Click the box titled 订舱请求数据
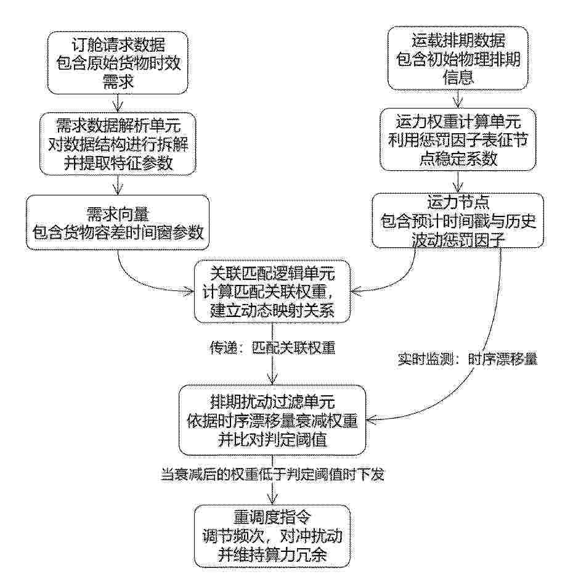(x=118, y=63)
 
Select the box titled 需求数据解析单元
(x=118, y=144)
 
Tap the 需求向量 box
(x=118, y=223)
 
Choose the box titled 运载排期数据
(x=458, y=59)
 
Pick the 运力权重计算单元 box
(x=458, y=139)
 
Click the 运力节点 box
(x=458, y=221)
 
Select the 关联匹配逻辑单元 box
(x=272, y=292)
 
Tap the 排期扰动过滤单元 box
(x=272, y=420)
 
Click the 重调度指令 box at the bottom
(x=272, y=536)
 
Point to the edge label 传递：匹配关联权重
(x=272, y=348)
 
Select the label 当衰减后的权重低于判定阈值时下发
(x=272, y=474)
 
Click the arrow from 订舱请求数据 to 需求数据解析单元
(x=118, y=103)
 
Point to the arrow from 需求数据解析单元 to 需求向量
(x=118, y=185)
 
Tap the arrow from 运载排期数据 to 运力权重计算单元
(x=458, y=99)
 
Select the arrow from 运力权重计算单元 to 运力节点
(x=458, y=182)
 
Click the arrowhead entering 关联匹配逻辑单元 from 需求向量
(x=190, y=292)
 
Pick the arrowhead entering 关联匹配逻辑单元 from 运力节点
(x=355, y=291)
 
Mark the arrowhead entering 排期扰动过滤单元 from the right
(x=370, y=420)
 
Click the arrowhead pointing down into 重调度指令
(x=272, y=499)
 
